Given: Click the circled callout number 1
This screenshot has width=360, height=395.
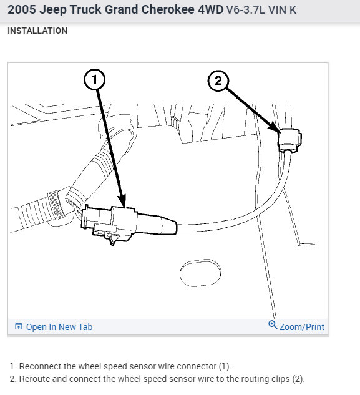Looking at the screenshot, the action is (94, 79).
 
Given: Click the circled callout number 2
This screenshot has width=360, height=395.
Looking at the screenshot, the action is (218, 81).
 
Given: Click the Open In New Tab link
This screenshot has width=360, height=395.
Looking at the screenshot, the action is (59, 327).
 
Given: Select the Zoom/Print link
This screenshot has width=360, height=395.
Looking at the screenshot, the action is (302, 327).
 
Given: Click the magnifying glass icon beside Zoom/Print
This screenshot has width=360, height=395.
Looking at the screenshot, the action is (273, 325).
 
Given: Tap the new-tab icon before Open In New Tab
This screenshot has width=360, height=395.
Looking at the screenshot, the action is (19, 327).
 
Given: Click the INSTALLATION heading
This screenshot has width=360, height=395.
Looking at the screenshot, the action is (37, 31).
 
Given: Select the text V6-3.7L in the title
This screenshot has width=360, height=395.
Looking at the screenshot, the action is (246, 10).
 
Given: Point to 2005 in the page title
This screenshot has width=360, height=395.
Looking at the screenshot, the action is (22, 10).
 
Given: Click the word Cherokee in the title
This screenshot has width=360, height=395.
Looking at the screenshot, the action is (168, 10).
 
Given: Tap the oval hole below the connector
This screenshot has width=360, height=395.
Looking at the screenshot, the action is (200, 273).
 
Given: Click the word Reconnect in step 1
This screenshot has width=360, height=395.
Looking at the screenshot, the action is (40, 366).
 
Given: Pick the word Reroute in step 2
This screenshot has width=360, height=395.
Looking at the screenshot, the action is (34, 379).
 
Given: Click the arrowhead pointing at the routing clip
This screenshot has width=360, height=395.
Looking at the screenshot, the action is (275, 127).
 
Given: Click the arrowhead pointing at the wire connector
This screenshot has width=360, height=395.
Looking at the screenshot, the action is (122, 201).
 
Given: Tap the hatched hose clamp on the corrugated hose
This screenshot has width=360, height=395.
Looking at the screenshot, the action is (56, 205).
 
